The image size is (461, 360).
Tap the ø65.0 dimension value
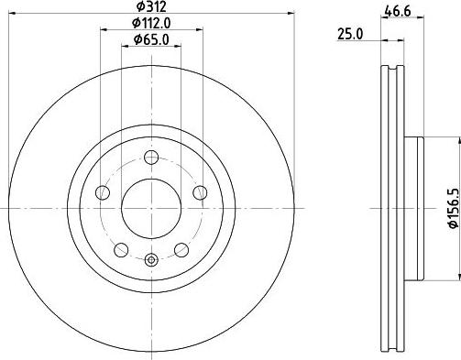coord(151,38)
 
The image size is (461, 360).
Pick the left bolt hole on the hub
coord(103,192)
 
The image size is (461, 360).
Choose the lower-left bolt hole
coord(120,247)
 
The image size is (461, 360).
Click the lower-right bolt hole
coord(182,247)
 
